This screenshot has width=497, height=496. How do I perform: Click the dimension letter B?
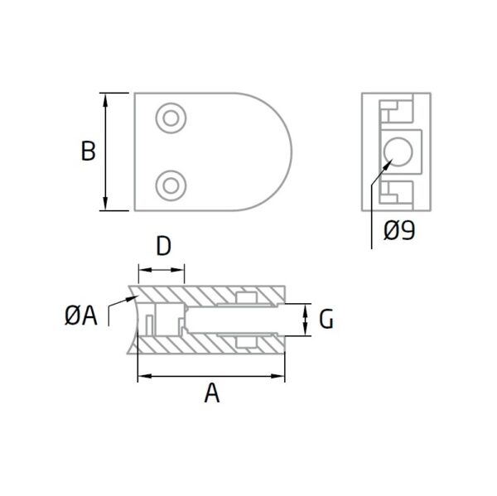[88, 152]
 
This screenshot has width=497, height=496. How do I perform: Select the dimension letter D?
[163, 246]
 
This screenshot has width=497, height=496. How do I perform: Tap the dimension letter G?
[326, 319]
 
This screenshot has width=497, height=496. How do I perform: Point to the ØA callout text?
[81, 316]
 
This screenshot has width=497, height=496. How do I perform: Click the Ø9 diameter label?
[399, 230]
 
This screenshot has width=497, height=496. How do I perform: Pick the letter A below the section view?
[212, 392]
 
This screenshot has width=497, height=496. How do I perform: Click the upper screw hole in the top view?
[171, 118]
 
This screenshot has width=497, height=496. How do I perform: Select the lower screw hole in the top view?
[171, 185]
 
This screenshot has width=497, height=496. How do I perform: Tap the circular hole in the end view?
[398, 152]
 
